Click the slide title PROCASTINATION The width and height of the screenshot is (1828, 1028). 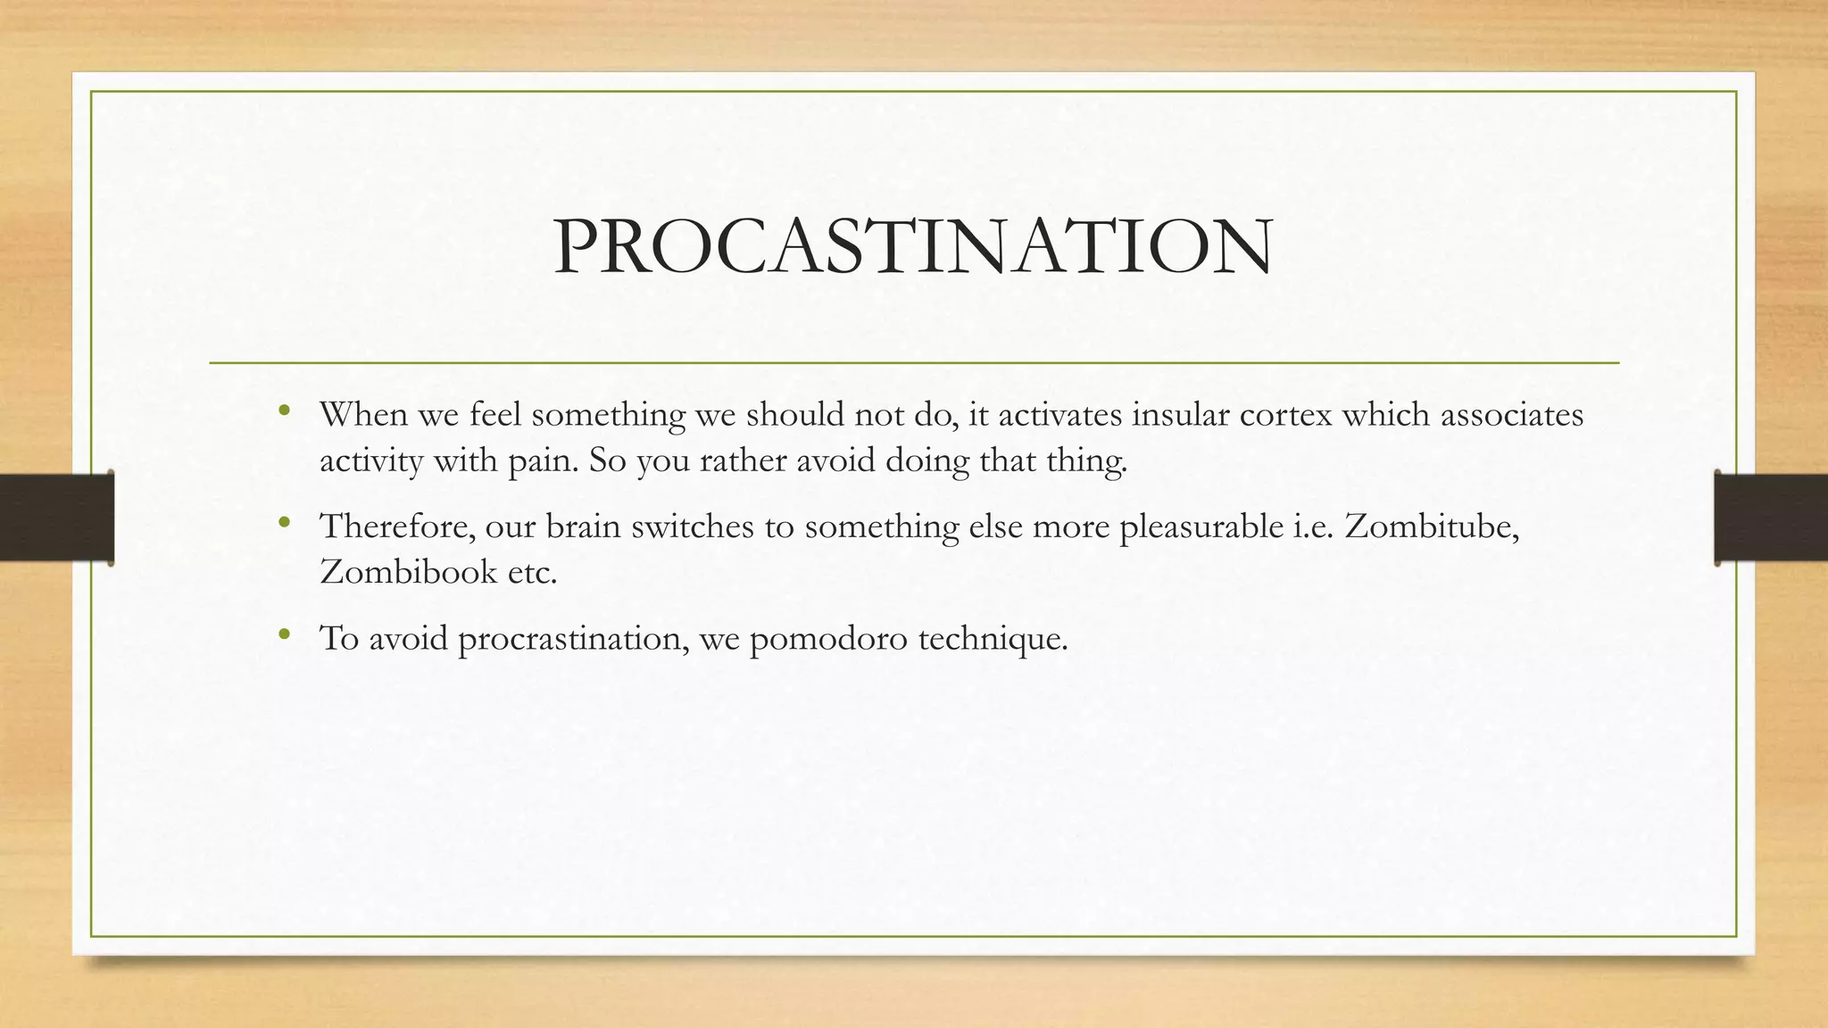pos(913,247)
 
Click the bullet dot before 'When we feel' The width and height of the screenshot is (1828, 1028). pos(284,410)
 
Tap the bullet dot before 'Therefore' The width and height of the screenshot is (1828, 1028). pos(284,522)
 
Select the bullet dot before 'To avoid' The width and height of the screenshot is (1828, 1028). pos(284,634)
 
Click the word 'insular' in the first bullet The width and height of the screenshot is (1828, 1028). pos(1180,415)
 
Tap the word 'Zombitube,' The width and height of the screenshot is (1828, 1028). pos(1432,526)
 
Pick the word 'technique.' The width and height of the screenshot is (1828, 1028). pos(993,640)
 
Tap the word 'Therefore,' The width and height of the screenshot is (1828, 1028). pos(398,526)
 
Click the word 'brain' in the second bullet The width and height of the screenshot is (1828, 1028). pos(583,526)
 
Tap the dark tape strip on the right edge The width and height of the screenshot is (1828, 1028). pos(1771,518)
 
